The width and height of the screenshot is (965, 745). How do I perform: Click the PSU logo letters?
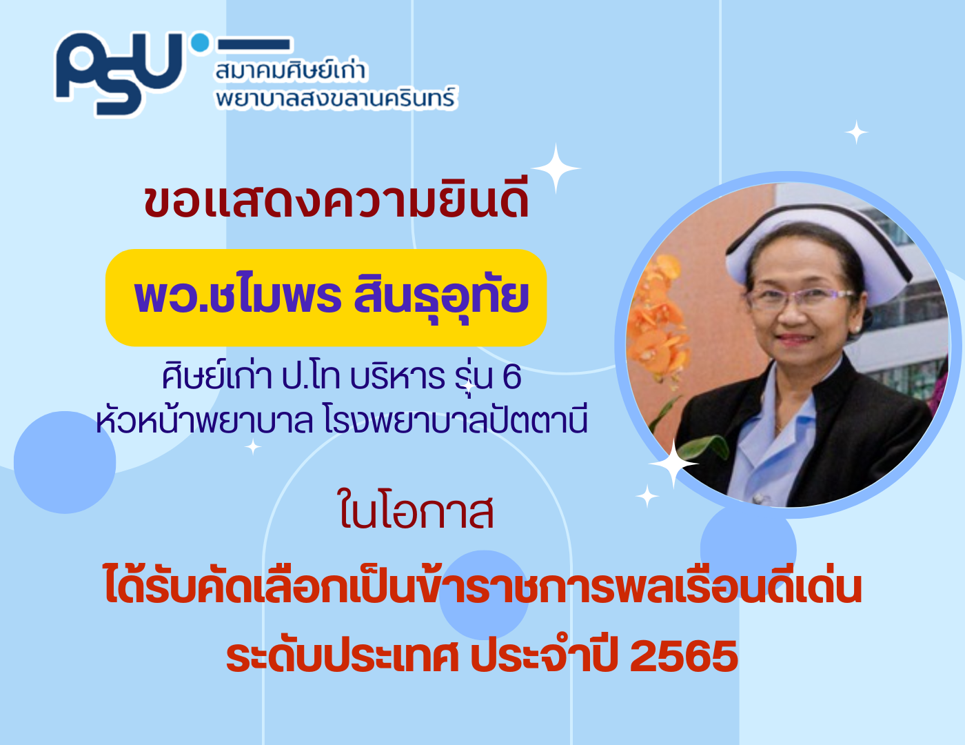click(x=119, y=73)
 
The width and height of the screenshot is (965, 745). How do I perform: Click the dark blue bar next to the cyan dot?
click(x=254, y=44)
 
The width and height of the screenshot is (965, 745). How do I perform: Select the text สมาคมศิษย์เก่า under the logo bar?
click(x=291, y=71)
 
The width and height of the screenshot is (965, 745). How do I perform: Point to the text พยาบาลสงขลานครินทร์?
click(x=336, y=99)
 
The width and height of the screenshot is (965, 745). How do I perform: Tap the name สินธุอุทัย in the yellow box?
click(x=441, y=297)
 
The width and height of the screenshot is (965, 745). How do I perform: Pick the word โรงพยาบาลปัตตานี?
click(x=456, y=420)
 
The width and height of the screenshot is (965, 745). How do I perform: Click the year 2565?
click(x=684, y=657)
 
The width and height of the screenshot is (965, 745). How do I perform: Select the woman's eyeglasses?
click(x=801, y=297)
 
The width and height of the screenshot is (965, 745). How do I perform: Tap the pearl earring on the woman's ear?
click(x=856, y=328)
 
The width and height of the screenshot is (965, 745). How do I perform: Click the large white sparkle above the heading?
click(x=556, y=168)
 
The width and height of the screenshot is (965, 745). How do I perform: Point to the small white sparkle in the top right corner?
click(x=856, y=132)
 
